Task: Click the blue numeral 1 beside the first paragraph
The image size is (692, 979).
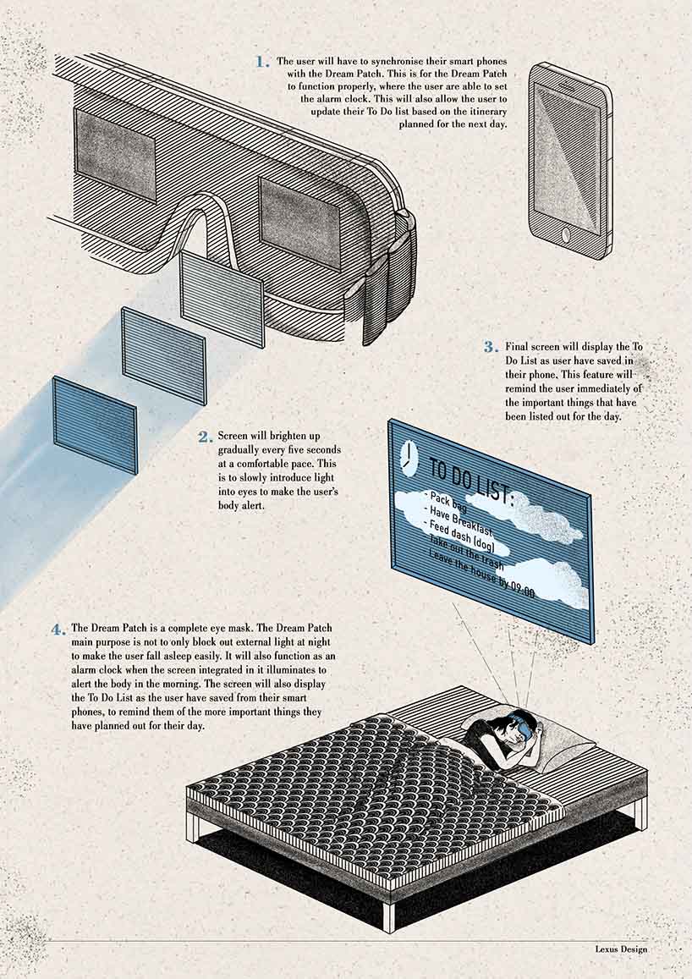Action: pyautogui.click(x=262, y=62)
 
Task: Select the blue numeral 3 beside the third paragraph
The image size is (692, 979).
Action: pyautogui.click(x=491, y=347)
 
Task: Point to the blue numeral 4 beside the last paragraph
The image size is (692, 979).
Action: pyautogui.click(x=58, y=630)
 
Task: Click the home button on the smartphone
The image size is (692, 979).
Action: pyautogui.click(x=566, y=235)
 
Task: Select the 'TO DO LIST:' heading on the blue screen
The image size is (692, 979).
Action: pyautogui.click(x=471, y=480)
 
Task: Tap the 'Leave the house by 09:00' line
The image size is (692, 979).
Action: pyautogui.click(x=481, y=575)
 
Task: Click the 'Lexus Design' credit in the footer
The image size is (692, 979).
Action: pyautogui.click(x=621, y=949)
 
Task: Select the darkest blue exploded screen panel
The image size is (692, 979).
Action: pyautogui.click(x=95, y=425)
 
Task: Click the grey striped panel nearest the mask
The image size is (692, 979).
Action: pyautogui.click(x=222, y=299)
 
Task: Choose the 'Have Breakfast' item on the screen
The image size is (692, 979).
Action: pyautogui.click(x=462, y=520)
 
